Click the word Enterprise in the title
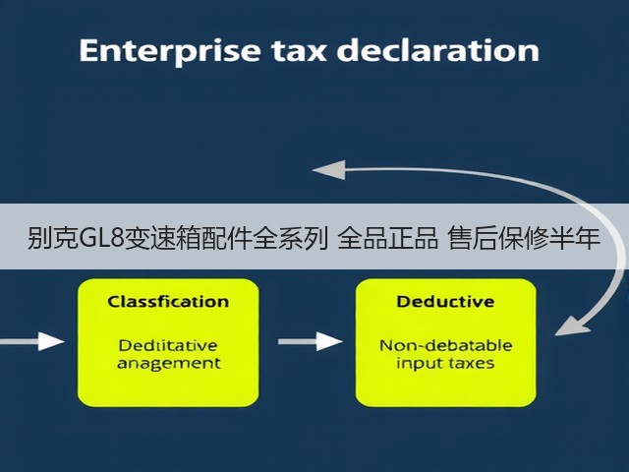pos(170,51)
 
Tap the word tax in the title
pos(299,51)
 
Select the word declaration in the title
pos(438,50)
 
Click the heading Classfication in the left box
pos(168,302)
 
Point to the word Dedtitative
pos(168,345)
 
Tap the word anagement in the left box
pos(169,364)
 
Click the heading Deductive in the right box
pos(445,302)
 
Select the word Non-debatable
pos(445,345)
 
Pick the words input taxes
pos(445,364)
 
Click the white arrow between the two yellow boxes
pos(311,341)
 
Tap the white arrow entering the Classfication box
pos(32,341)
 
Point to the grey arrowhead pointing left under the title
pos(329,170)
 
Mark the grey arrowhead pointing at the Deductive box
pos(572,325)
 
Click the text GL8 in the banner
pos(102,238)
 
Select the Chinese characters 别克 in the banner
pos(53,238)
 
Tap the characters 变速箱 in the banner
pos(163,238)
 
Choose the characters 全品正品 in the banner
pos(387,238)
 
